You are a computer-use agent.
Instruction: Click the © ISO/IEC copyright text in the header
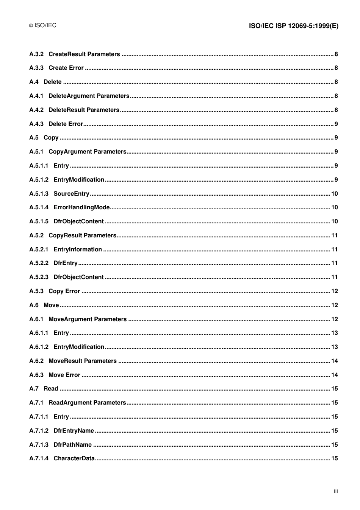pos(43,25)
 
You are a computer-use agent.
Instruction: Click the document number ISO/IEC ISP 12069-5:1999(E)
pos(293,26)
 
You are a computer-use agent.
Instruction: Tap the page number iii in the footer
pos(336,491)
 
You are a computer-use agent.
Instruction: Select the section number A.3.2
pos(36,54)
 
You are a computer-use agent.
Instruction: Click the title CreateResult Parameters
pos(84,54)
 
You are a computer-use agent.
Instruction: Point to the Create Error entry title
pos(66,68)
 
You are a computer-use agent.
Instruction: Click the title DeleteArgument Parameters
pos(89,96)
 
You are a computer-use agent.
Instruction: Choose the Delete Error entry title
pos(66,124)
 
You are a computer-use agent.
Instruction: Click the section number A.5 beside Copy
pos(34,138)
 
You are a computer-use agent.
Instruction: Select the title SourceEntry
pos(71,194)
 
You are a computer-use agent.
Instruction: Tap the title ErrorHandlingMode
pos(81,207)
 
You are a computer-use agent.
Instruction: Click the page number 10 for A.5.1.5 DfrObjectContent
pos(334,221)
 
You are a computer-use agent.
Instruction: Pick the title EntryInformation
pos(78,250)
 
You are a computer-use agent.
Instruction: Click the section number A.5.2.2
pos(39,263)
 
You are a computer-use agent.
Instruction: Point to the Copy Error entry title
pos(64,291)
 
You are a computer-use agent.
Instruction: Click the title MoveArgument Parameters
pos(88,319)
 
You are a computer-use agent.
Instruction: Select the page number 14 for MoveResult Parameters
pos(334,361)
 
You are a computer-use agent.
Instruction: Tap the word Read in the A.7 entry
pos(51,389)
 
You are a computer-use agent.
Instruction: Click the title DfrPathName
pos(72,445)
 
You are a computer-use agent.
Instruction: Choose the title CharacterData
pos(74,458)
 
